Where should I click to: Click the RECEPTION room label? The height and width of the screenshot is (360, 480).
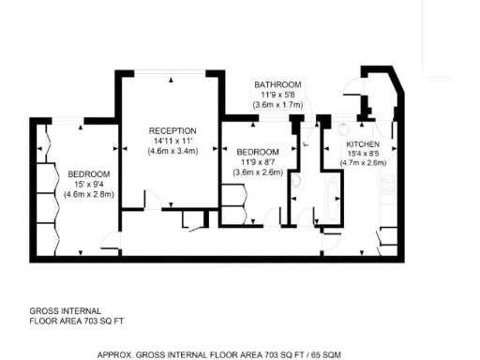click(172, 130)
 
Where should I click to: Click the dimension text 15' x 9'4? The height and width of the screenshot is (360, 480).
click(88, 185)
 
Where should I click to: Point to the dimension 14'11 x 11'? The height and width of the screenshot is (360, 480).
click(172, 141)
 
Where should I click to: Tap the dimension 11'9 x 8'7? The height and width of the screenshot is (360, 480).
click(257, 162)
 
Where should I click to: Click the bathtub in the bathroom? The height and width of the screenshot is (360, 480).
click(328, 201)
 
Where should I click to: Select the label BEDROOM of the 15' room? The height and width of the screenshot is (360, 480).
click(88, 174)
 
